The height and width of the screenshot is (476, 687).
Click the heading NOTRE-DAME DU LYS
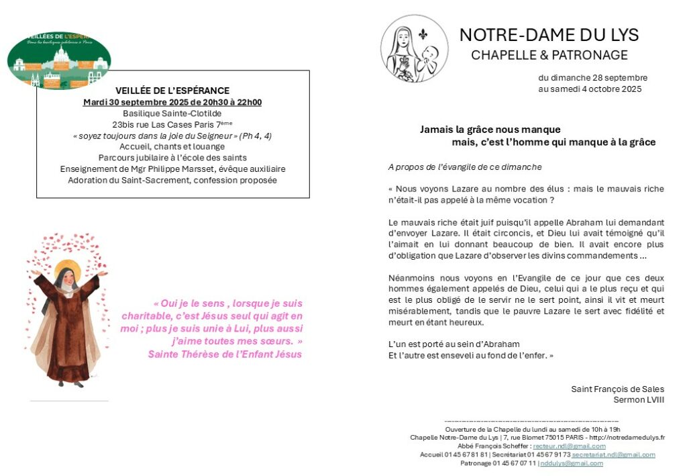(x=549, y=35)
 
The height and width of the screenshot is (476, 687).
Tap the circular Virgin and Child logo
(x=414, y=49)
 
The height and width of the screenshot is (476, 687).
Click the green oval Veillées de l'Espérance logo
(x=59, y=60)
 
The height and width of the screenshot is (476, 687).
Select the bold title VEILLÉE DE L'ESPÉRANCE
(x=172, y=91)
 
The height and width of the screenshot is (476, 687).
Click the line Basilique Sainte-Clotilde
(x=172, y=113)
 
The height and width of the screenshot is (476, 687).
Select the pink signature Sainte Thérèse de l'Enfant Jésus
(x=225, y=354)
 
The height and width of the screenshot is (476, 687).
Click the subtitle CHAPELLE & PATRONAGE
(x=549, y=55)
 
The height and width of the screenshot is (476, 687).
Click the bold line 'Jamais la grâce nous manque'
(x=490, y=130)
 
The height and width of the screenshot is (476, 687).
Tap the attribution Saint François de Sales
(x=617, y=389)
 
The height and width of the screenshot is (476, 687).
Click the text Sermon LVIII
(x=639, y=399)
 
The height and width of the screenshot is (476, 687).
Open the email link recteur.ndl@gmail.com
(x=569, y=446)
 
